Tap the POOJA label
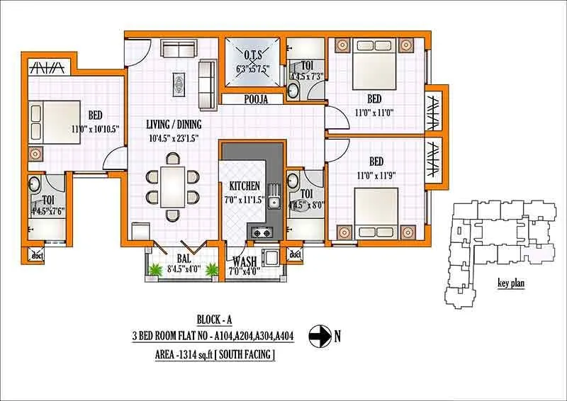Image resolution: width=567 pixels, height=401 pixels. (x=252, y=101)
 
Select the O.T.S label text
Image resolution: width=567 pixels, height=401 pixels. (x=252, y=56)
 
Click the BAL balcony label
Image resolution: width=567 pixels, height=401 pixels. (x=184, y=259)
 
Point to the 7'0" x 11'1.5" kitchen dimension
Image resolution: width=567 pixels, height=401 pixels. (x=246, y=200)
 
